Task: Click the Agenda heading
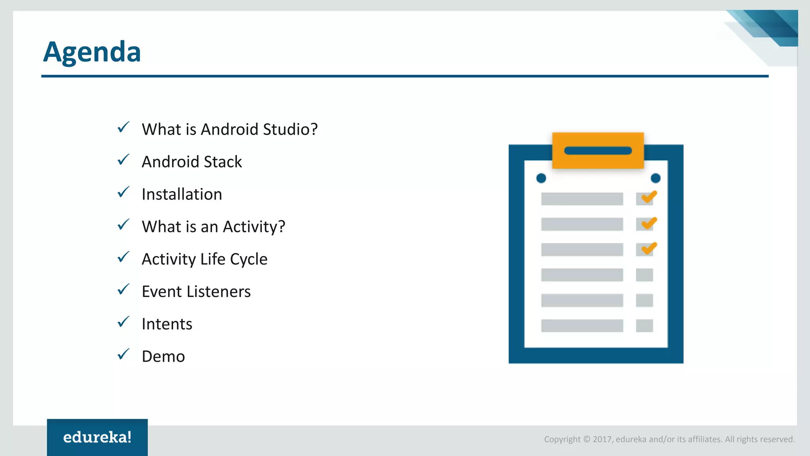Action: point(92,52)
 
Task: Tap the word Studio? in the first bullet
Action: point(290,129)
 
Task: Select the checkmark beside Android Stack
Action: point(123,160)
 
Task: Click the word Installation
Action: point(182,194)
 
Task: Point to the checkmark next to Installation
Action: point(123,192)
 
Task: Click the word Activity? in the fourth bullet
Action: point(254,227)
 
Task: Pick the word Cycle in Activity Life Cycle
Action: point(248,259)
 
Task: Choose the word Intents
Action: point(167,324)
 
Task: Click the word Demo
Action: point(163,357)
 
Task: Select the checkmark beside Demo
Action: point(123,355)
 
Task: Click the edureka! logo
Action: point(97,437)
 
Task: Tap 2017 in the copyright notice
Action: point(602,439)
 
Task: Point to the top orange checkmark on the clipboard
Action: point(649,197)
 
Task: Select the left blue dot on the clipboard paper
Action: point(541,179)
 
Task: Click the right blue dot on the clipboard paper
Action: point(655,179)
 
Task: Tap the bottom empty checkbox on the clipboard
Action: point(644,326)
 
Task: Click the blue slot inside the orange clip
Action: point(598,151)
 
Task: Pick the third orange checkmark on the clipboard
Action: point(649,248)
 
